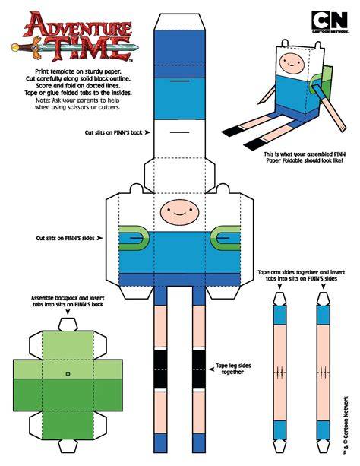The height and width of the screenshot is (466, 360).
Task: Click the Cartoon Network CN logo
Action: coord(330,21)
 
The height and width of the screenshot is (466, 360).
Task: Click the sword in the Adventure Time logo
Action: coord(74,47)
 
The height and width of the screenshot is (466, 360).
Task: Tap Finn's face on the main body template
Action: coord(179,212)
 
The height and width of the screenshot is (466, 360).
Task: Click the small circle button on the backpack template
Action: coord(68,373)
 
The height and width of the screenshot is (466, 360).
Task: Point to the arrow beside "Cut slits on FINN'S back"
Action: coord(147,132)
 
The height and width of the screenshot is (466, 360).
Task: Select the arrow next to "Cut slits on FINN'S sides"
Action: coord(99,238)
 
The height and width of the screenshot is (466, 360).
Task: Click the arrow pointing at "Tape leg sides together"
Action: coord(211,369)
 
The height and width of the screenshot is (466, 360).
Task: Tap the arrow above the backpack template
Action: coord(68,312)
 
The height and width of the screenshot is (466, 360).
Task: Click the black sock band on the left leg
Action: coord(160,369)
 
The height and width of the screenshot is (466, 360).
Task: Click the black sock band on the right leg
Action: coord(199,369)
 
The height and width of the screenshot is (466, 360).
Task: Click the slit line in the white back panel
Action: coord(180,132)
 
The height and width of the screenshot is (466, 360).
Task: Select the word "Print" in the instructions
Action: coord(43,71)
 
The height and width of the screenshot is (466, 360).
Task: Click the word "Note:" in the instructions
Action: coord(43,100)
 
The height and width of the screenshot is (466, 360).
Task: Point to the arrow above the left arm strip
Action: coord(279,286)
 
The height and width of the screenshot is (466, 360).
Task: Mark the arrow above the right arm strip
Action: coord(324,286)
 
